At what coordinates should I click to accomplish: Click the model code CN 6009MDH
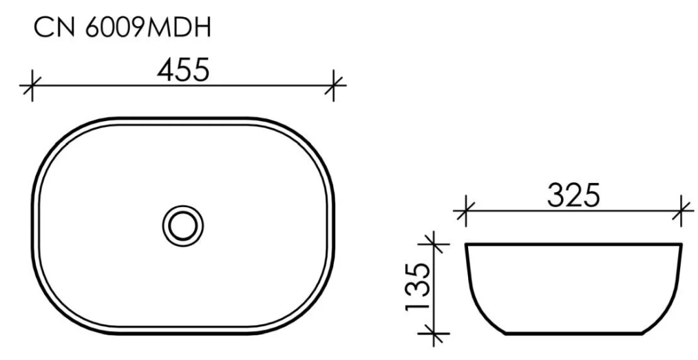(123, 28)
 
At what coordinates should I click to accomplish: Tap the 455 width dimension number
(183, 70)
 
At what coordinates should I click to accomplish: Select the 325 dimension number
(574, 195)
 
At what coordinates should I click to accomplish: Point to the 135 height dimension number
(418, 288)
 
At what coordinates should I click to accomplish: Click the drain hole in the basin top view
(183, 226)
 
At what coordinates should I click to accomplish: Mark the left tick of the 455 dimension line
(32, 85)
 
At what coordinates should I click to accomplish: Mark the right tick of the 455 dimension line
(334, 85)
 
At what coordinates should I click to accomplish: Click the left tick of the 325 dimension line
(465, 211)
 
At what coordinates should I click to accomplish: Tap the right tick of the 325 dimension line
(681, 211)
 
